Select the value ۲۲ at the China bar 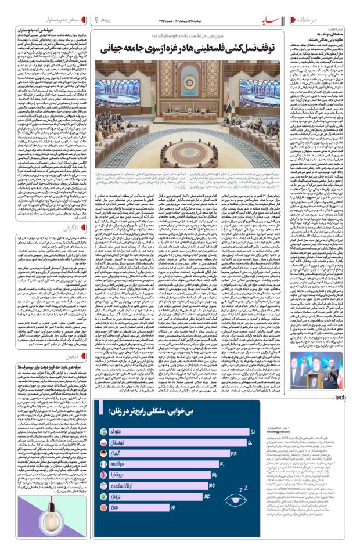coord(172,507)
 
